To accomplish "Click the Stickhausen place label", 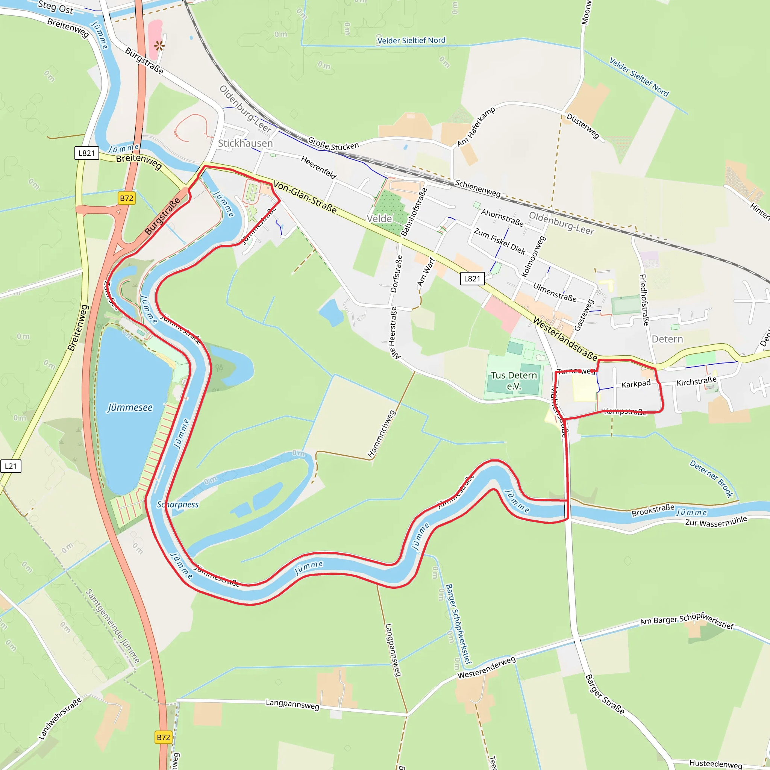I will pyautogui.click(x=245, y=143).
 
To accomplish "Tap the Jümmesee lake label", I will pyautogui.click(x=130, y=408).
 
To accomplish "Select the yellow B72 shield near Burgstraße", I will pyautogui.click(x=126, y=198).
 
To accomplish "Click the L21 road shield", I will pyautogui.click(x=11, y=466).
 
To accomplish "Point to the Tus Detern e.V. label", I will pyautogui.click(x=514, y=380).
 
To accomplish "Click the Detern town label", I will pyautogui.click(x=667, y=339).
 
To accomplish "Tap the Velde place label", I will pyautogui.click(x=379, y=218).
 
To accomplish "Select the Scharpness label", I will pyautogui.click(x=178, y=505).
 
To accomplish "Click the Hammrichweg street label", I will pyautogui.click(x=381, y=434).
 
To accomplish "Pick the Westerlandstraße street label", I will pyautogui.click(x=565, y=339).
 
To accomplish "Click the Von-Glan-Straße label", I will pyautogui.click(x=305, y=197).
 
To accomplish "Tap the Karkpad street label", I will pyautogui.click(x=636, y=384).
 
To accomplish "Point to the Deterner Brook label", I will pyautogui.click(x=711, y=479).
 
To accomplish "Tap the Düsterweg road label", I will pyautogui.click(x=583, y=126).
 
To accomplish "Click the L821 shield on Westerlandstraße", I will pyautogui.click(x=472, y=279).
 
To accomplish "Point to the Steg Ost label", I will pyautogui.click(x=56, y=7).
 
